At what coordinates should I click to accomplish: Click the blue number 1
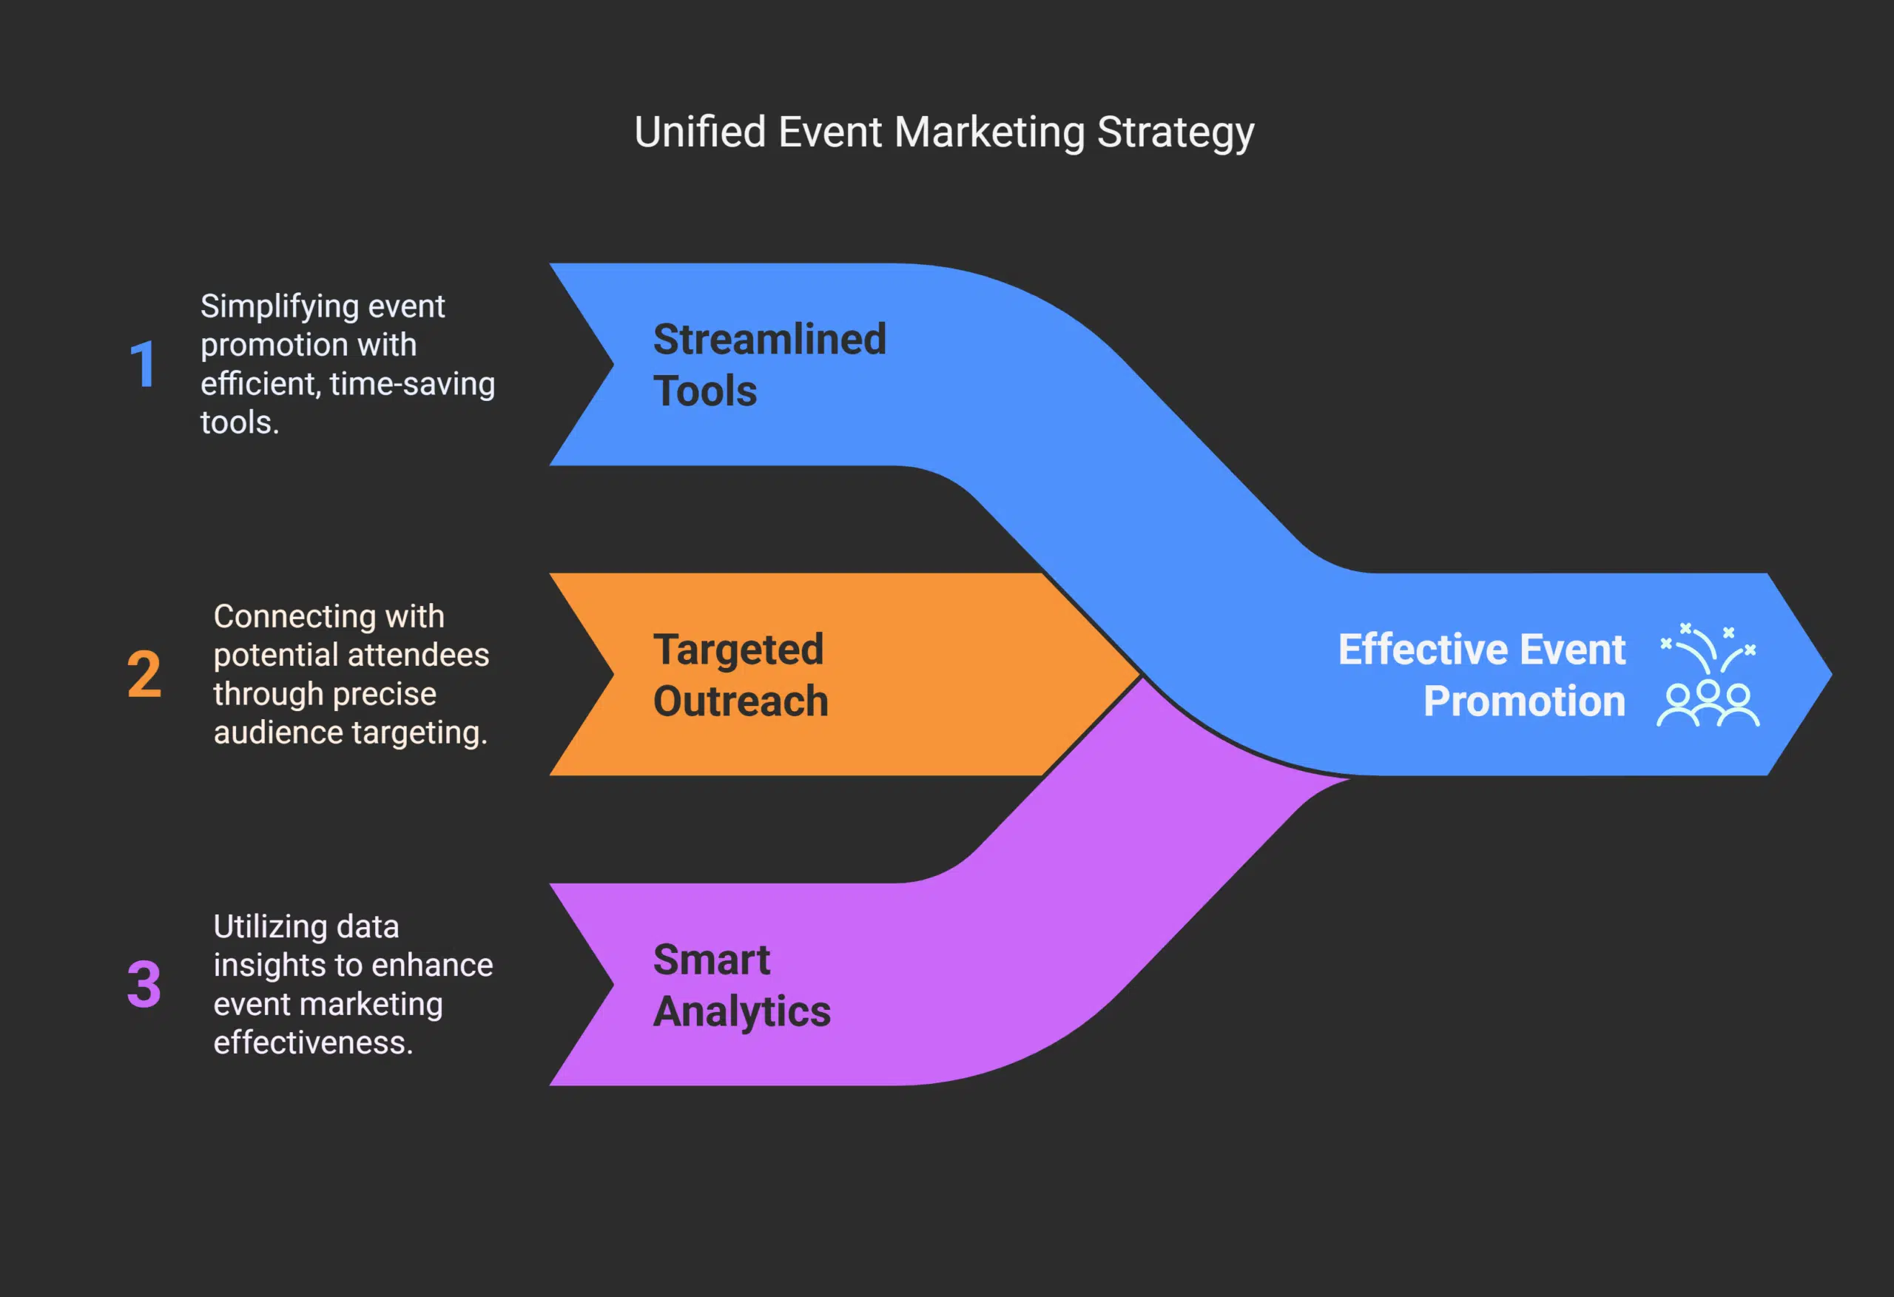pyautogui.click(x=144, y=365)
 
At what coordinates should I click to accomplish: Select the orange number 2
pyautogui.click(x=144, y=675)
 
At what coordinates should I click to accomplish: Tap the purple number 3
pyautogui.click(x=144, y=985)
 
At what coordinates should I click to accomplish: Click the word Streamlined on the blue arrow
pyautogui.click(x=769, y=339)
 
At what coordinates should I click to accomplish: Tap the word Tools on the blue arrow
pyautogui.click(x=705, y=391)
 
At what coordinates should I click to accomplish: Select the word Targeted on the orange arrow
pyautogui.click(x=738, y=650)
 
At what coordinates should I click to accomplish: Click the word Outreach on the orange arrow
pyautogui.click(x=740, y=702)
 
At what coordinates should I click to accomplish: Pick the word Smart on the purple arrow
pyautogui.click(x=711, y=960)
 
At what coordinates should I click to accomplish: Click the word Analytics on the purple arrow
pyautogui.click(x=741, y=1011)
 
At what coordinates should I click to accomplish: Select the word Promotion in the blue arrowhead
pyautogui.click(x=1523, y=702)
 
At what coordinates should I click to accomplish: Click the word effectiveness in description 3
pyautogui.click(x=313, y=1043)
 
